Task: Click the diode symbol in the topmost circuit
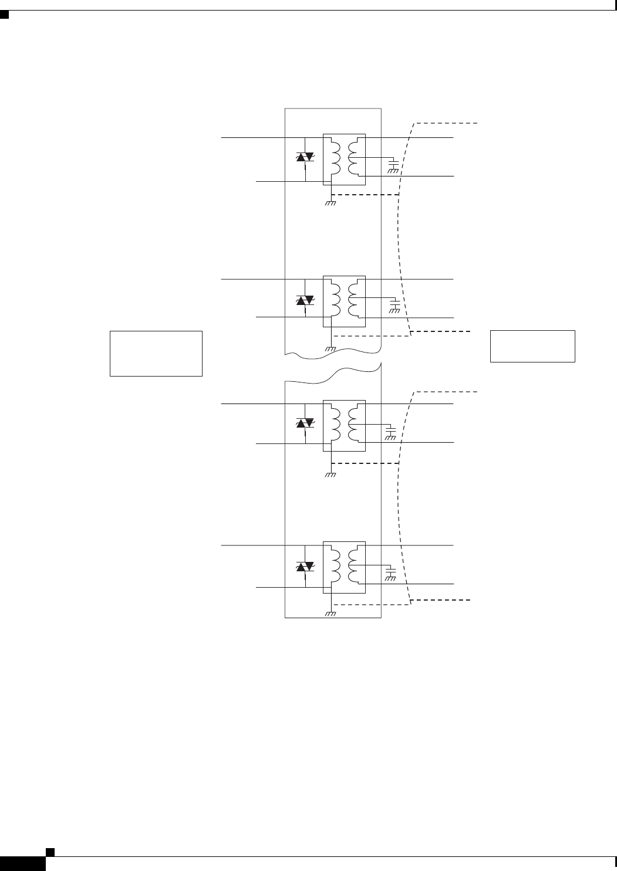305,157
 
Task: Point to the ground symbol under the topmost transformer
331,203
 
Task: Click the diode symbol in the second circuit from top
305,300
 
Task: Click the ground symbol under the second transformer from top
331,348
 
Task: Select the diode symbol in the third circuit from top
305,422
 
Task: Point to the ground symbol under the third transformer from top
331,475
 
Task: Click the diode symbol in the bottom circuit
305,567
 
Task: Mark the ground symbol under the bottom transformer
331,614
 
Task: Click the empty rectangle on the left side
156,353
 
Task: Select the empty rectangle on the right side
532,346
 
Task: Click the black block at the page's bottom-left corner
23,863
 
